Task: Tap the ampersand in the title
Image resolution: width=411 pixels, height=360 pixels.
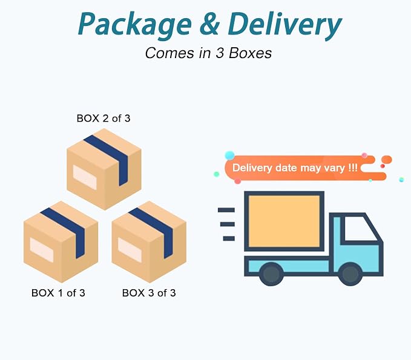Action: click(209, 24)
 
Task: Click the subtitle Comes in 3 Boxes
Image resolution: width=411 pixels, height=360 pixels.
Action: click(208, 53)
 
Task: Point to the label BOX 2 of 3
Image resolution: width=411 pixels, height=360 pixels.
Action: click(104, 119)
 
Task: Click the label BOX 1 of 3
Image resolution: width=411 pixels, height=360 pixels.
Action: click(58, 293)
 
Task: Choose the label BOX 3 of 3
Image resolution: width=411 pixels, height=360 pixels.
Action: click(149, 293)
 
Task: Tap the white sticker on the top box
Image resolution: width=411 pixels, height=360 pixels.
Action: click(85, 177)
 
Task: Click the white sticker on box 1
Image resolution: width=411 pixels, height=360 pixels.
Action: click(42, 250)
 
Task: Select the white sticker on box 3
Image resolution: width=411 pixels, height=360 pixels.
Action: click(130, 250)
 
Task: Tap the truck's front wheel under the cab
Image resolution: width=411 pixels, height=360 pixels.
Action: click(350, 274)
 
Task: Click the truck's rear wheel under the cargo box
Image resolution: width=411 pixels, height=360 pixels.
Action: click(271, 274)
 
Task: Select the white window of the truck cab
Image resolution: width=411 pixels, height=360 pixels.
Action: click(361, 229)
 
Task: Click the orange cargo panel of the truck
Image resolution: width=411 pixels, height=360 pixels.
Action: click(284, 221)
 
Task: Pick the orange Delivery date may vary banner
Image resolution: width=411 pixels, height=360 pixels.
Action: click(306, 168)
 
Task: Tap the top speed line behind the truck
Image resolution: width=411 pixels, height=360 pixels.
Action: click(226, 210)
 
